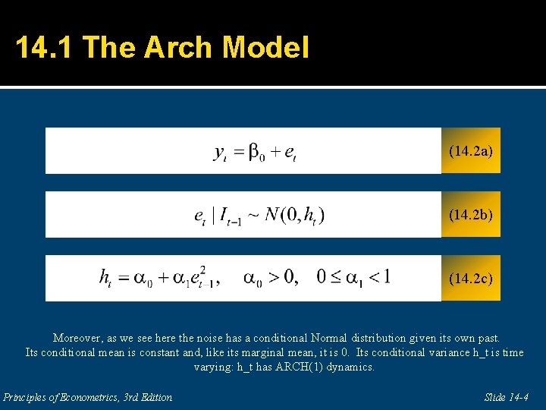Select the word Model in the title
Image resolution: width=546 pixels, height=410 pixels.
(x=265, y=48)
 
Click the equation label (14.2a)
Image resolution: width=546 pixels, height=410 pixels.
(x=470, y=151)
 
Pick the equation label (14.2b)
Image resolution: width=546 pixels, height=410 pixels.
(x=470, y=215)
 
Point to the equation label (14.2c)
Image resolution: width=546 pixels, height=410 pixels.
(x=470, y=279)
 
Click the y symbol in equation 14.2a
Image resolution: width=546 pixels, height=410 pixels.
(x=221, y=153)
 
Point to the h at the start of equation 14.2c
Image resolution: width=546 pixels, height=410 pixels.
(x=105, y=277)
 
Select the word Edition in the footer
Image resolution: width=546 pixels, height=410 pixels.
(x=154, y=397)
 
